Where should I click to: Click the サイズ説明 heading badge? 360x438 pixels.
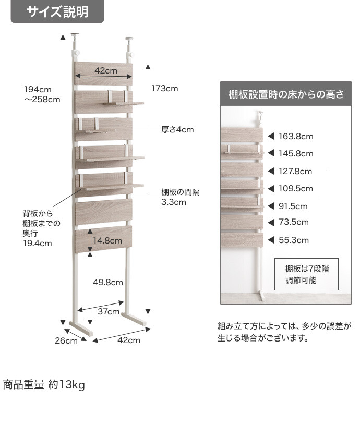click(57, 11)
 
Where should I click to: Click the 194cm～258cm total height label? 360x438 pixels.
click(42, 94)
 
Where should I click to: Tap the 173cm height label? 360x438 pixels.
click(165, 89)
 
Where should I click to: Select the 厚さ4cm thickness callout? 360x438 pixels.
click(177, 130)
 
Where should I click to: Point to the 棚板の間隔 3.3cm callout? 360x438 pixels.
click(181, 197)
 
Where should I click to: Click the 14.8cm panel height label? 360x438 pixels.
click(107, 240)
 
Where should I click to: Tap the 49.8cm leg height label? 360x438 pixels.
click(108, 283)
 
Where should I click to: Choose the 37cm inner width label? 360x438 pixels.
click(109, 311)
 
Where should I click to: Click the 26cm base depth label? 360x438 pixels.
click(66, 341)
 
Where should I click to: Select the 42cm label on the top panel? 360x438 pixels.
click(105, 71)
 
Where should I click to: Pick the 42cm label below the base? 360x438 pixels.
click(129, 340)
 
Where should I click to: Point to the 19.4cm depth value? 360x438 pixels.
click(38, 244)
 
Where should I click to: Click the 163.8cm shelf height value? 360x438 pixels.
click(296, 136)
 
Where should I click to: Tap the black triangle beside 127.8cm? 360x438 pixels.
click(271, 171)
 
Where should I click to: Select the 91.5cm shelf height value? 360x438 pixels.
click(293, 206)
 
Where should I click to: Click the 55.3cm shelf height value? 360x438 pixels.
click(293, 240)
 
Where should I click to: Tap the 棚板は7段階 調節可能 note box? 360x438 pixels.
click(306, 274)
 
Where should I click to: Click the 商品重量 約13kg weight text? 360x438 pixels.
click(44, 385)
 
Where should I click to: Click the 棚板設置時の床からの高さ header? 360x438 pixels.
click(286, 94)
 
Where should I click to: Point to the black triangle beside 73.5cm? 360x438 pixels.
click(271, 222)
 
